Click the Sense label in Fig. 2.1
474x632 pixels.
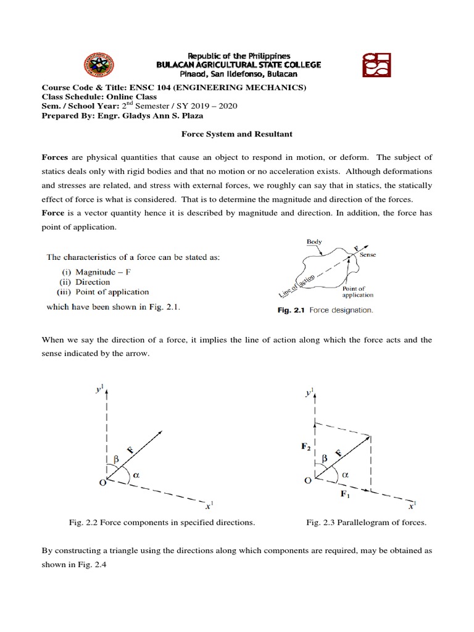click(x=367, y=254)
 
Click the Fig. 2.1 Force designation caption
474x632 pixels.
click(x=324, y=310)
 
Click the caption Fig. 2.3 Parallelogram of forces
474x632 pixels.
click(x=366, y=523)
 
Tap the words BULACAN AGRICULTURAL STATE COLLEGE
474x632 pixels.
click(x=238, y=65)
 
